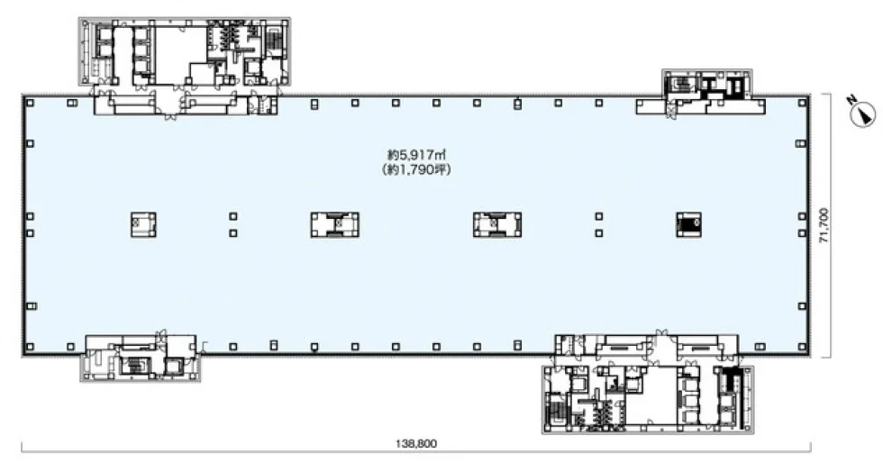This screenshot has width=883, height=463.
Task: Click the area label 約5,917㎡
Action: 416,153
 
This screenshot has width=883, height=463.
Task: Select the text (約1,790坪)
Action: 416,169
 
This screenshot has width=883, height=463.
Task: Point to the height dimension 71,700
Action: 824,225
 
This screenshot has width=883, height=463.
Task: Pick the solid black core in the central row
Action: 688,224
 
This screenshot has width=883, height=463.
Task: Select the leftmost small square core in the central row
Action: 143,224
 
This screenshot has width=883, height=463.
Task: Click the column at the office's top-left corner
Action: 30,103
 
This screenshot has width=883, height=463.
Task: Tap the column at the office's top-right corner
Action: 801,103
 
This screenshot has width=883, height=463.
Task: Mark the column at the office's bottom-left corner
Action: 30,347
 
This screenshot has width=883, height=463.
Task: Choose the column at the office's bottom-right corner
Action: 802,347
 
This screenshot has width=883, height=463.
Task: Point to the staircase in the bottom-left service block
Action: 134,366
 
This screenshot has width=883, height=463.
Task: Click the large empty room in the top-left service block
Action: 179,55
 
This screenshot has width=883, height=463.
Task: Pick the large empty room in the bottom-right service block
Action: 651,395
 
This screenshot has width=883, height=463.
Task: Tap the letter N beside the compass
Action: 852,100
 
